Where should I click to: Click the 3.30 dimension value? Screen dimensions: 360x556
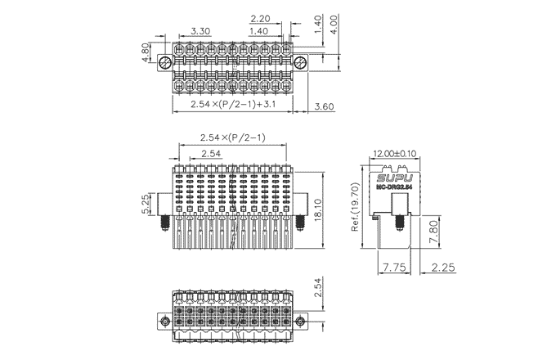pos(202,32)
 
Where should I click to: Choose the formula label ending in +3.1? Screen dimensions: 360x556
pos(232,105)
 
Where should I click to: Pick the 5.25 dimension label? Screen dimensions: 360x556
pos(146,204)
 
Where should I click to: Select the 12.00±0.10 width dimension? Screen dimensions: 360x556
pos(394,153)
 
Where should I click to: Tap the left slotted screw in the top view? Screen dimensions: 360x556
pos(166,63)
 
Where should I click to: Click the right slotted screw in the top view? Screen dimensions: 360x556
pos(301,63)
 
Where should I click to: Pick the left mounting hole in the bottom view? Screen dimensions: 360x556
pos(165,322)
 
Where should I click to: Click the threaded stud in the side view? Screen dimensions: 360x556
pos(401,223)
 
